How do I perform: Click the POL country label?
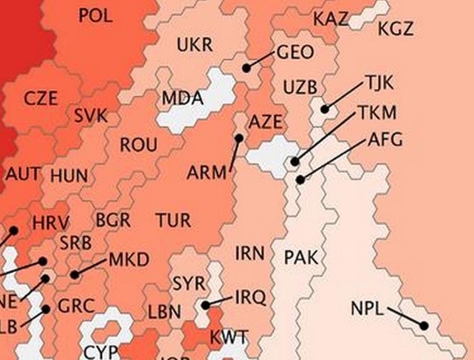point(95,15)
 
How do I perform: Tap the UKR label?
point(194,45)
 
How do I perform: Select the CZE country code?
point(41,98)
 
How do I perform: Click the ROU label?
point(138,145)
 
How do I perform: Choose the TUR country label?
point(173,220)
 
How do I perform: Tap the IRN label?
point(250,254)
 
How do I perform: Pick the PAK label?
point(301,257)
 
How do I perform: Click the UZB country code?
point(300,88)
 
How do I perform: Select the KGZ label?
point(396,30)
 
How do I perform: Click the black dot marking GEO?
point(247,68)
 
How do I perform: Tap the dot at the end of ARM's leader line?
point(239,138)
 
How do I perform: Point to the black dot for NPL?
point(425,325)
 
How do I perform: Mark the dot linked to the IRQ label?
point(206,305)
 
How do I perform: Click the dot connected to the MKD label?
point(75,275)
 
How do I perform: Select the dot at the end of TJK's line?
point(324,110)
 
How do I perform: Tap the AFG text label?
point(385,139)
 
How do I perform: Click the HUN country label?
point(69,176)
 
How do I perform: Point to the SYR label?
point(190,283)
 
